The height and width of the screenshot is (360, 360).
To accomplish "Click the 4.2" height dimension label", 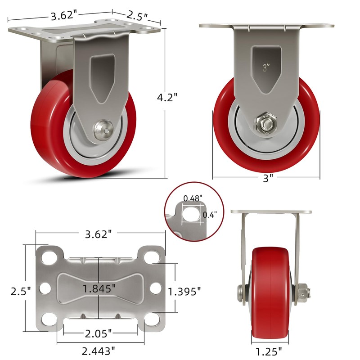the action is tap(167, 97).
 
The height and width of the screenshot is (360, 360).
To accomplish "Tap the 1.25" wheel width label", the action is tap(268, 351).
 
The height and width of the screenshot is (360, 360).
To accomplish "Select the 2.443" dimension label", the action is tap(98, 351).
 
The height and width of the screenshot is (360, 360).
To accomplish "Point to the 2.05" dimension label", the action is tap(98, 333).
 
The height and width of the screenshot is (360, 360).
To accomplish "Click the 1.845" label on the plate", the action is tap(99, 288).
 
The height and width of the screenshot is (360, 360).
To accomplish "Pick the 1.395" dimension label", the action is tap(184, 292).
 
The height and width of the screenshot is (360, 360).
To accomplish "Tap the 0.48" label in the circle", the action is tap(193, 198).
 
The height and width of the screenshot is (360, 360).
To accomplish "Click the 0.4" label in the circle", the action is tap(210, 215).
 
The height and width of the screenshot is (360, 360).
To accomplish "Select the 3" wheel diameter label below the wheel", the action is tap(268, 178).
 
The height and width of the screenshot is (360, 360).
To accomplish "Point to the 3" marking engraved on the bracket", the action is tap(266, 68).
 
